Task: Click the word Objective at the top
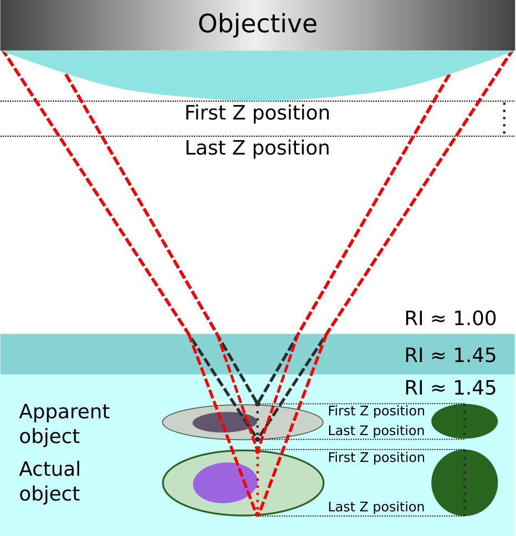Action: click(x=257, y=24)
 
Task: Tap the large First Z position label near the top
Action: click(x=257, y=113)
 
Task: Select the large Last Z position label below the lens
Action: click(x=257, y=148)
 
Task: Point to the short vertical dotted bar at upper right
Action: click(x=503, y=119)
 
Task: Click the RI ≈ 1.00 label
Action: click(x=450, y=319)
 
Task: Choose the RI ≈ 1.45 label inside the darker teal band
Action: click(x=450, y=355)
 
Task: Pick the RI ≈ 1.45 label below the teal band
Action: click(x=450, y=388)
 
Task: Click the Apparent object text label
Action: click(x=64, y=424)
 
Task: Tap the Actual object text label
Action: click(x=50, y=481)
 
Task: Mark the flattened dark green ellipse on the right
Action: click(x=464, y=421)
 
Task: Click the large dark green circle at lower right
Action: click(x=464, y=483)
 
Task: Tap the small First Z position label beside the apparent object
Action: click(x=376, y=411)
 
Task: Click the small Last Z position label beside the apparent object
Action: click(x=376, y=431)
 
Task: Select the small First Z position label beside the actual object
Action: click(x=376, y=457)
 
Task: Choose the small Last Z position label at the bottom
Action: click(x=376, y=507)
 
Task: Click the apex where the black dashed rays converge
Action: click(x=257, y=404)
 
